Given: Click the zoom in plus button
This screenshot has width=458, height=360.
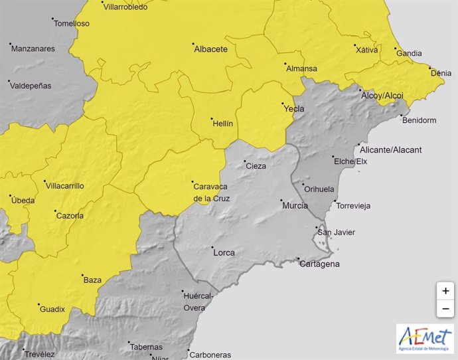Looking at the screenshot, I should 445,291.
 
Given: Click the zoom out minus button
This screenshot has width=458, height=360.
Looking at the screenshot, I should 445,309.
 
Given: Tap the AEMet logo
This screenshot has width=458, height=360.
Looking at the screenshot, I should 425,339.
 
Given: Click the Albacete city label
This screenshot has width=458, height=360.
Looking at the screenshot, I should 210,49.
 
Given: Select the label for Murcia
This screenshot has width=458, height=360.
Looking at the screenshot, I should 295,206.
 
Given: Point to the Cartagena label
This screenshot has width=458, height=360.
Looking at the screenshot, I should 319,264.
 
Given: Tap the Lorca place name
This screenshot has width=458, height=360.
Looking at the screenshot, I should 224,252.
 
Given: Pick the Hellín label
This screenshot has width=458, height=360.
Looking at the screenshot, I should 222,124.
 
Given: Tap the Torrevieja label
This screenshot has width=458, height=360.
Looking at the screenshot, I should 354,206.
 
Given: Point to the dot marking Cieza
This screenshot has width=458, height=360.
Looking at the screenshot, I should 244,161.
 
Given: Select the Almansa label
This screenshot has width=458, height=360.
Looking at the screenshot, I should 301,68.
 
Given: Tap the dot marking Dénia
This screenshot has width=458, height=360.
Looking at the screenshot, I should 430,68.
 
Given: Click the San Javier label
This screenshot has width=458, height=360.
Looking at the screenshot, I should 337,232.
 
